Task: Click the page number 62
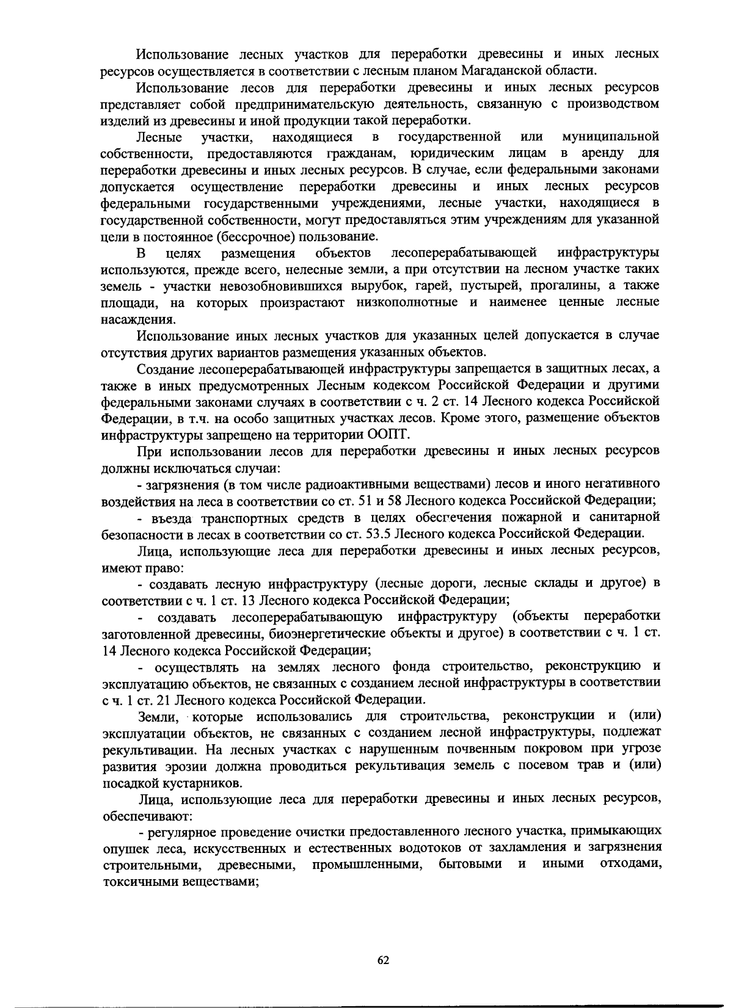point(383,960)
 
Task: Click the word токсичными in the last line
point(131,881)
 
